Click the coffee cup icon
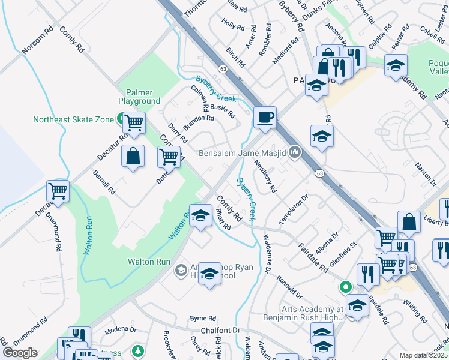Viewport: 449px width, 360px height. coord(265,117)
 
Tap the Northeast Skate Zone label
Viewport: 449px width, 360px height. coord(73,119)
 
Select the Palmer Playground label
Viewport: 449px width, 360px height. coord(139,97)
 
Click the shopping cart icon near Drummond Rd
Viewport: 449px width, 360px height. coord(58,191)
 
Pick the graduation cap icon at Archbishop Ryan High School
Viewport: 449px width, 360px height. coord(209,274)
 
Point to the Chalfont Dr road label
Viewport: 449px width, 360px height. coord(220,330)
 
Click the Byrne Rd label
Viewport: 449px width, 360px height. coord(202,318)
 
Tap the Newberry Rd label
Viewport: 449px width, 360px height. coord(265,176)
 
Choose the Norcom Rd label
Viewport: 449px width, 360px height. coord(38,41)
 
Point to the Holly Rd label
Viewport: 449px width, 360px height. coord(233,27)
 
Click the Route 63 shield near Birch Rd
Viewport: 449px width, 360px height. coord(223,69)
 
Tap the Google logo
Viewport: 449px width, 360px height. coord(20,352)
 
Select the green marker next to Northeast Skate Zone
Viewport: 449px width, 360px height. coord(121,119)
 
